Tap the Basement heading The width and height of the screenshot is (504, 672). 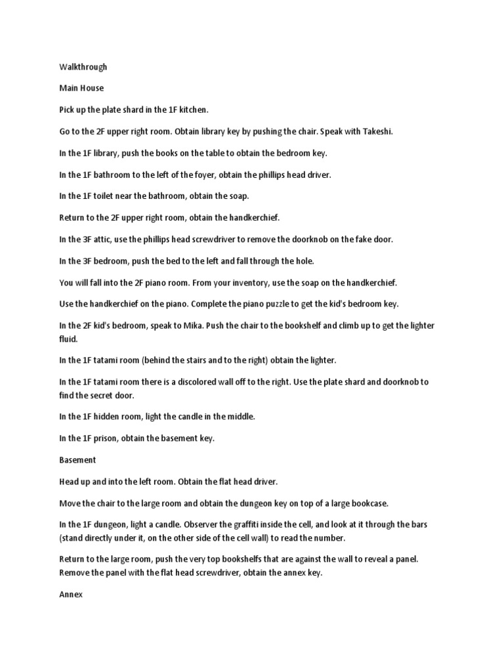click(x=77, y=461)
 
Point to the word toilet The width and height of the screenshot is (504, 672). click(x=102, y=196)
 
